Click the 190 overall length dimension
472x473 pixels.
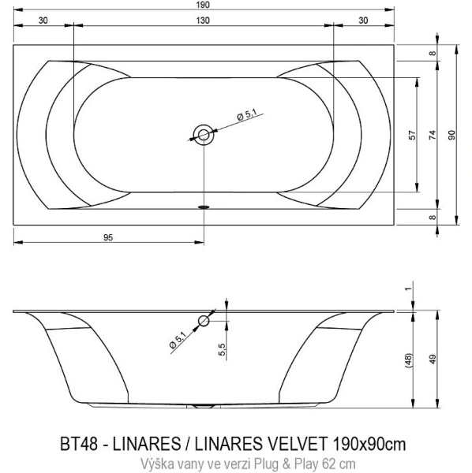pos(204,6)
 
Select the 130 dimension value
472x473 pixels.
pos(204,22)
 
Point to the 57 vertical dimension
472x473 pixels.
pos(411,135)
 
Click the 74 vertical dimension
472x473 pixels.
pos(432,135)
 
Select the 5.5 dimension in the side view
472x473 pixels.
pos(223,346)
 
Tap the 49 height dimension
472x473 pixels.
pos(432,359)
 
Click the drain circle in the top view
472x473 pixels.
pos(204,135)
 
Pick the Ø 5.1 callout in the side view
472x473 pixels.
pos(178,341)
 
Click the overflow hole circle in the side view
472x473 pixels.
pos(204,320)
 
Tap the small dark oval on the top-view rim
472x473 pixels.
pos(204,207)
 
